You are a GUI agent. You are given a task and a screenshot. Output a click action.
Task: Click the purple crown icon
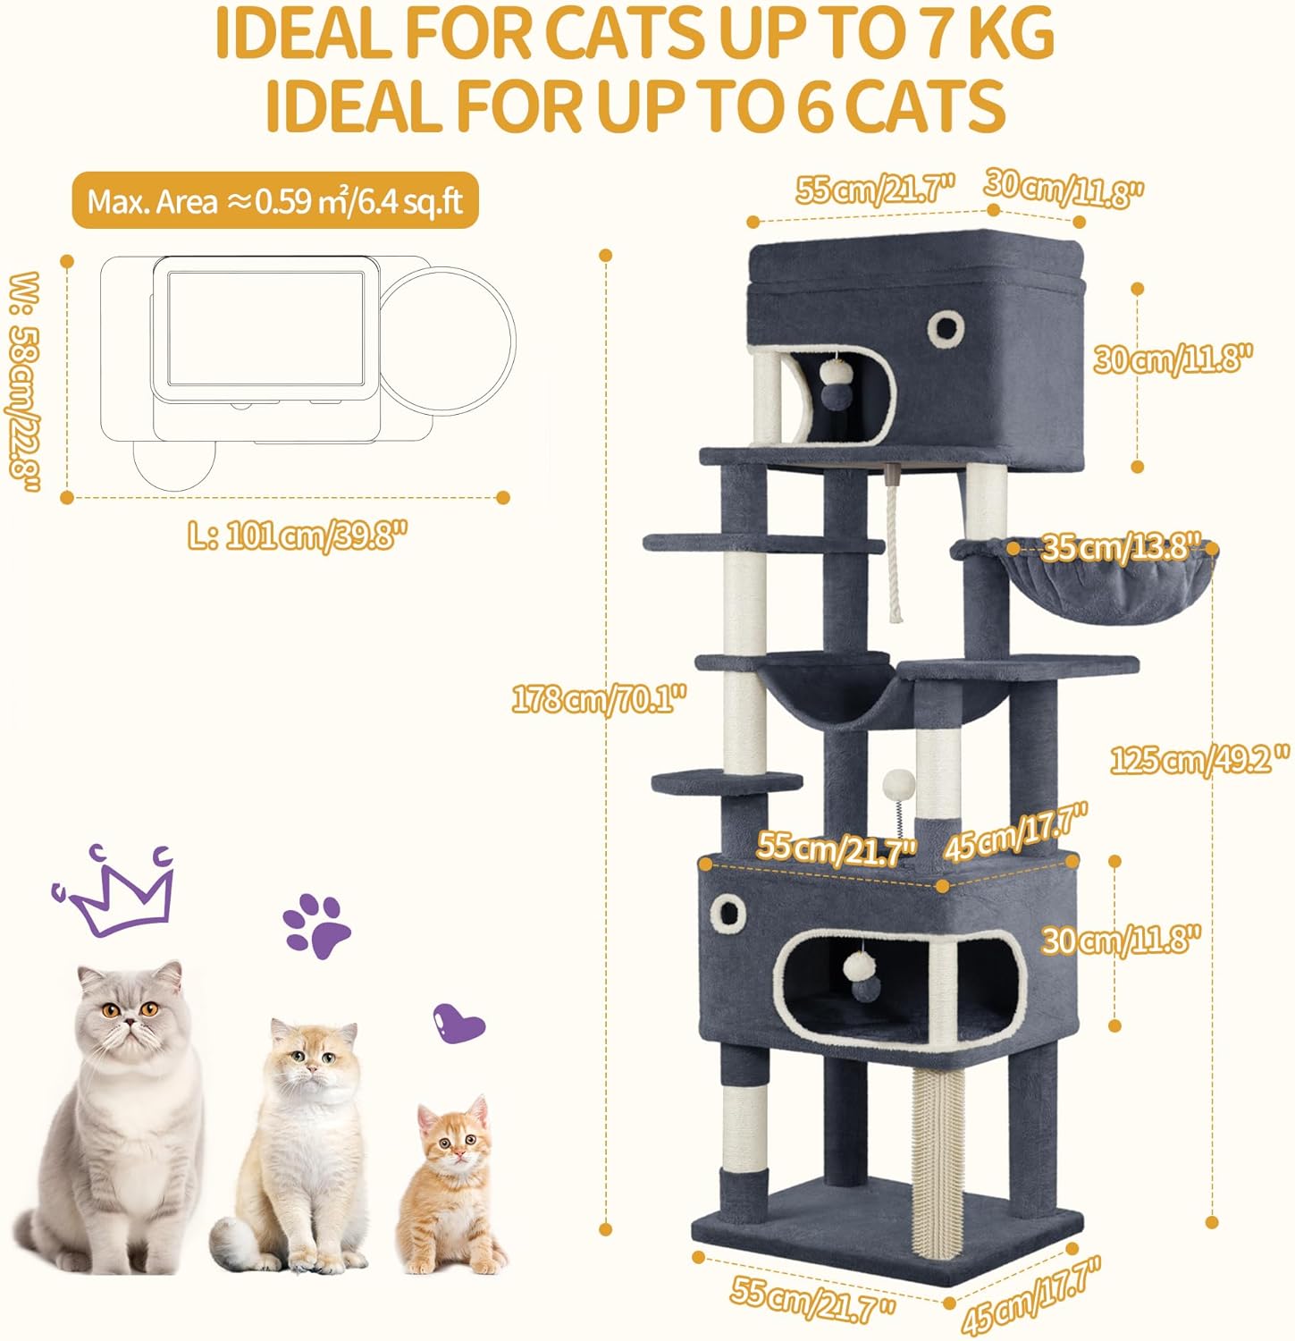[x=114, y=890]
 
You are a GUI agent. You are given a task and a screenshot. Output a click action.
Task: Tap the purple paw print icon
[x=316, y=925]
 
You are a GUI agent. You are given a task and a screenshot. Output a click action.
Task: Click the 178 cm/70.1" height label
[x=600, y=697]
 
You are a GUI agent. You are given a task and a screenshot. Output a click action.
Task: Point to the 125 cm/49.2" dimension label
[x=1199, y=760]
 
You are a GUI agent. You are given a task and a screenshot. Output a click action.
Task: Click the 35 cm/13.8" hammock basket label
[x=1119, y=546]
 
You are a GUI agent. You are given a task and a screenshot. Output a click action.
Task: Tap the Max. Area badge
[x=275, y=201]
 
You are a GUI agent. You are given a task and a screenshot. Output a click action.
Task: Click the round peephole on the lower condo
[x=728, y=914]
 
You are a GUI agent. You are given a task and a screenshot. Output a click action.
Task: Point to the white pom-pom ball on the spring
[x=896, y=788]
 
